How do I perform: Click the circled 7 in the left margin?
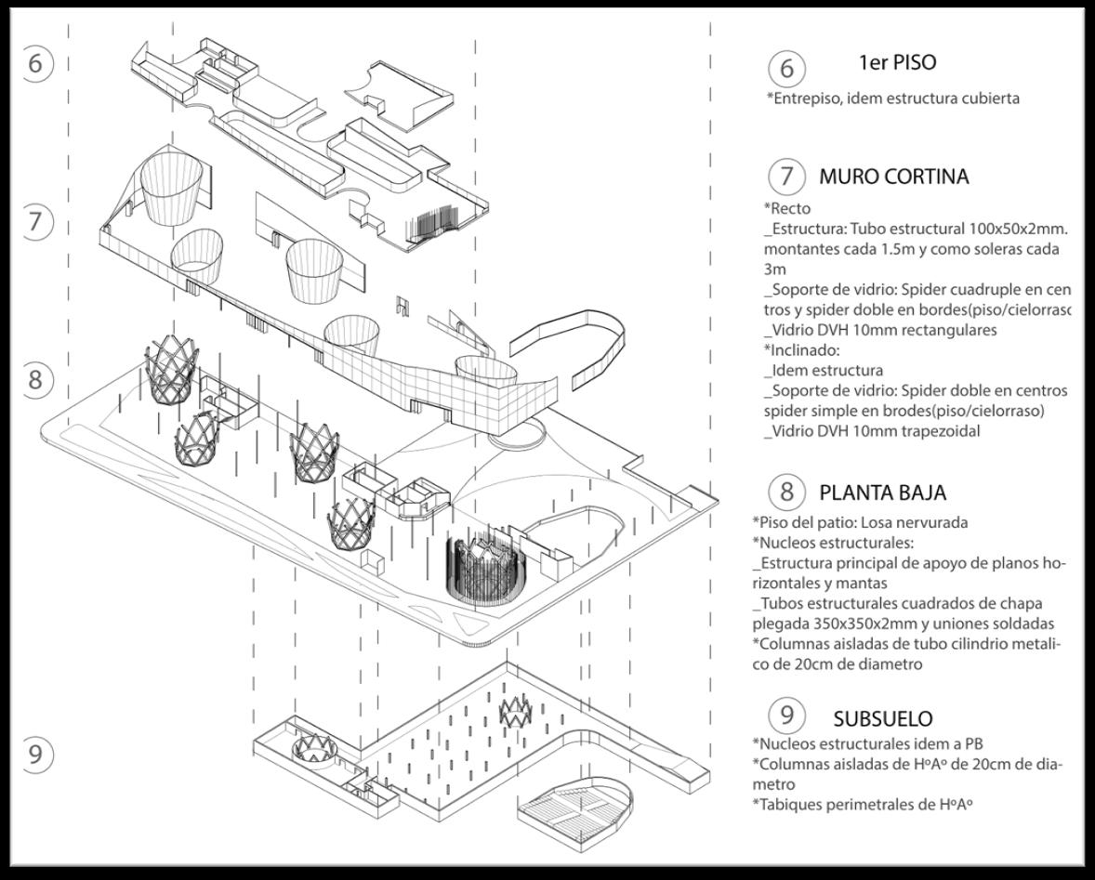click(35, 222)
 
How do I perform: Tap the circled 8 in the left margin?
click(35, 379)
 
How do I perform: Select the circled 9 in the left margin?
click(35, 753)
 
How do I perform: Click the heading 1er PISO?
click(897, 63)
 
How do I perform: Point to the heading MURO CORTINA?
click(893, 176)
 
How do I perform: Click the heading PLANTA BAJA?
click(882, 492)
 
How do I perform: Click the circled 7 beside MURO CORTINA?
click(786, 177)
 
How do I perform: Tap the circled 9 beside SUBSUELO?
click(786, 716)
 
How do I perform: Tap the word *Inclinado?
click(800, 350)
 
